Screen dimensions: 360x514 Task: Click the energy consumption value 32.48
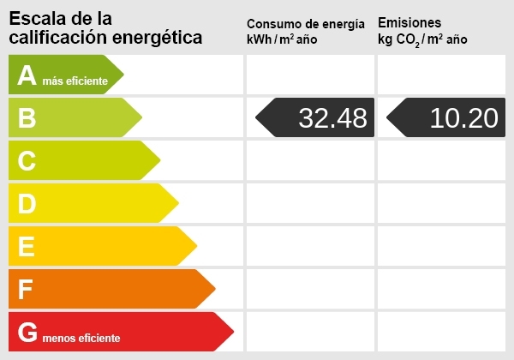coord(332,117)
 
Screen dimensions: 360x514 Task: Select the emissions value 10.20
coord(463,117)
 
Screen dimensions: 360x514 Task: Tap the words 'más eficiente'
coord(76,81)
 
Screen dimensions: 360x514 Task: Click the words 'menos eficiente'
coord(81,338)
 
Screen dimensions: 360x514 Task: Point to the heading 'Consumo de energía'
coord(311,24)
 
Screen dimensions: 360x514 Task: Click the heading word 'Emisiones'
coord(409,23)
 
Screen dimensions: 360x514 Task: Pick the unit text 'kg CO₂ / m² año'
coord(422,40)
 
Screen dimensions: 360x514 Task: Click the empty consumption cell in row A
coord(310,75)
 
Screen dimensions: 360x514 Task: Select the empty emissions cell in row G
coord(441,332)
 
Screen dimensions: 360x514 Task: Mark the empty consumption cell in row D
coord(310,203)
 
